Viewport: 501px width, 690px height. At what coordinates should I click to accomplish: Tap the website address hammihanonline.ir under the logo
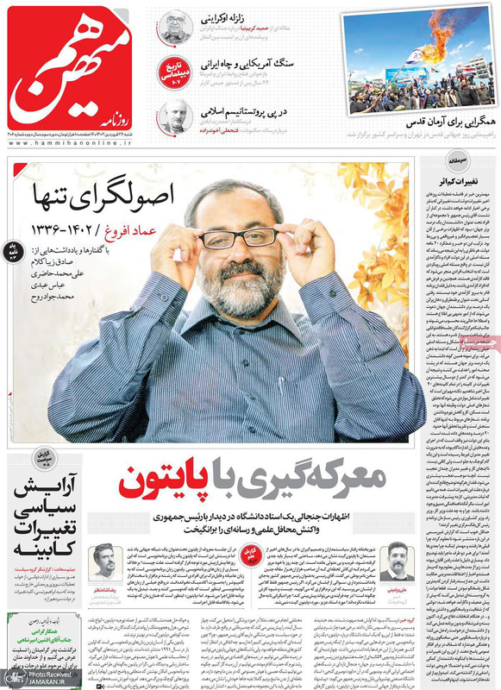click(69, 147)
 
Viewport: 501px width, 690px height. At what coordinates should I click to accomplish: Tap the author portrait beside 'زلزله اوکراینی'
click(175, 27)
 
